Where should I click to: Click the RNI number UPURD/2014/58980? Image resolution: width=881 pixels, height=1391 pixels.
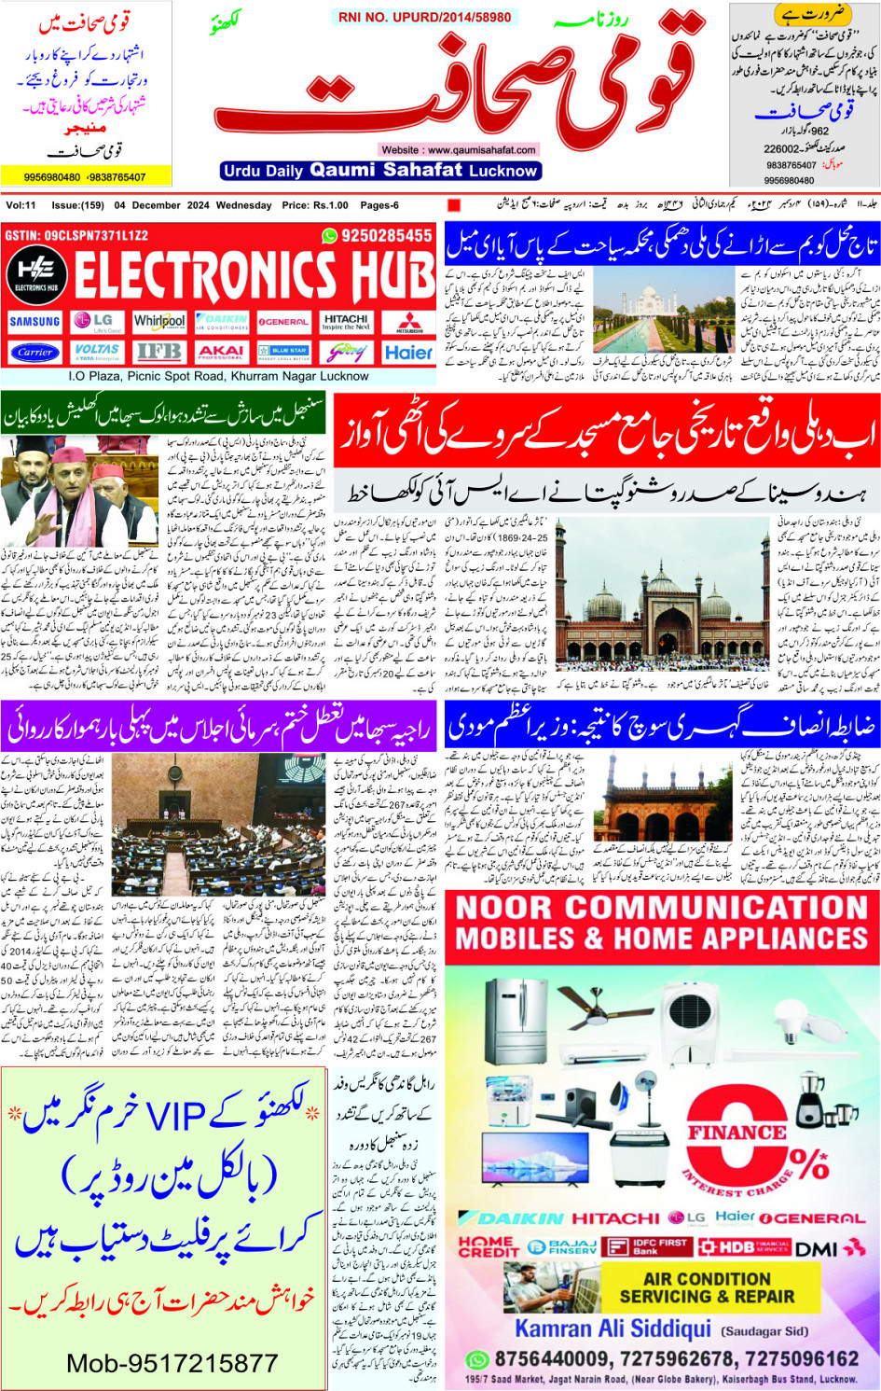[x=424, y=17]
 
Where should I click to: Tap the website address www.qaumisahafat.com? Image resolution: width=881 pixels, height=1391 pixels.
[x=458, y=149]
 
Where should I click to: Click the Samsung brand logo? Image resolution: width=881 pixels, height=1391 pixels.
[x=34, y=322]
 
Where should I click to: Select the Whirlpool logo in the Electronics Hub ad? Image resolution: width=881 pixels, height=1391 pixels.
[x=159, y=321]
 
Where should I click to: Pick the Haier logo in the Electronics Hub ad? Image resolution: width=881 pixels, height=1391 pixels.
[x=408, y=353]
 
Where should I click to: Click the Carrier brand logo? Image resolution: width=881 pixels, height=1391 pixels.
[x=34, y=353]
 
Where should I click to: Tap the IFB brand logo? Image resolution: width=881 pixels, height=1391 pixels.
[x=159, y=353]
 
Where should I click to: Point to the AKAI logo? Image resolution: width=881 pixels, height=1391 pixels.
[x=221, y=353]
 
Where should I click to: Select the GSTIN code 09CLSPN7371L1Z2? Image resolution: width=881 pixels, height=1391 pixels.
[x=76, y=236]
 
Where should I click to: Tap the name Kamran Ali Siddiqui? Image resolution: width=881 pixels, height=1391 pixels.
[x=613, y=1328]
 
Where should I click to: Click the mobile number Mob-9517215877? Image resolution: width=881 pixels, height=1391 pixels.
[x=172, y=1363]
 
